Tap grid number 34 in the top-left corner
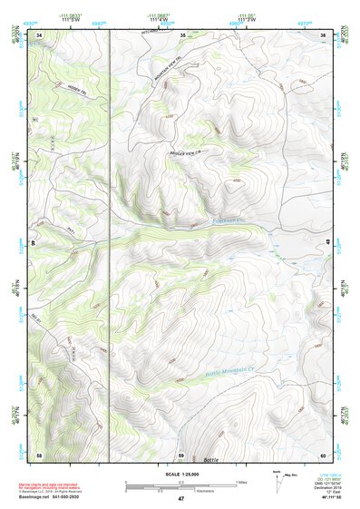pyautogui.click(x=40, y=34)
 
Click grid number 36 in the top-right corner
pyautogui.click(x=323, y=34)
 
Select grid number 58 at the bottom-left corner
pyautogui.click(x=39, y=454)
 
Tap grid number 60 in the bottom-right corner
pyautogui.click(x=323, y=454)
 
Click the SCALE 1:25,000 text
pyautogui.click(x=180, y=474)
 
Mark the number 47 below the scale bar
pyautogui.click(x=180, y=499)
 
